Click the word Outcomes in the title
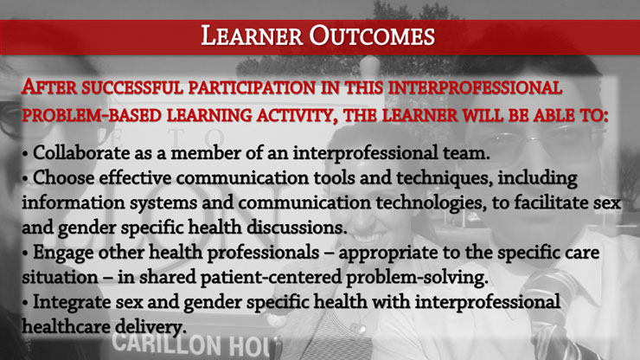(372, 36)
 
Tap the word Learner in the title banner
(252, 36)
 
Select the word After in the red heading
(49, 87)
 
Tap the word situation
(60, 278)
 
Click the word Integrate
(72, 302)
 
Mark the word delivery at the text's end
(150, 327)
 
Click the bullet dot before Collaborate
(25, 154)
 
